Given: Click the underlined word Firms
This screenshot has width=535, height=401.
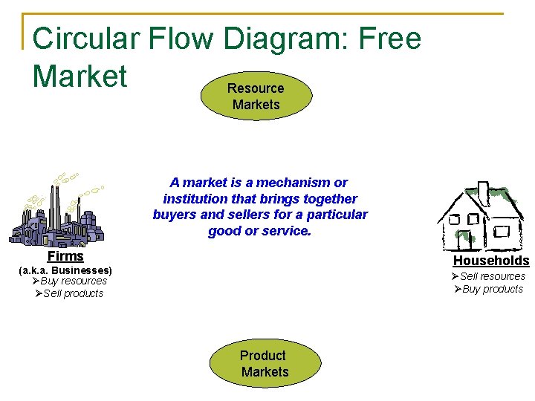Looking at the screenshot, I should [65, 256].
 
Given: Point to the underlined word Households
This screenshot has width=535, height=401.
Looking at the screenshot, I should [491, 261].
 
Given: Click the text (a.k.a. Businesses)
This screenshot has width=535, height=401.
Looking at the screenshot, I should [65, 270].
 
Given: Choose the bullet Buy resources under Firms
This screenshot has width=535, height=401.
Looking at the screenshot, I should [73, 281].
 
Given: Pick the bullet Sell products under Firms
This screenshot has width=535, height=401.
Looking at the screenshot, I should [73, 293].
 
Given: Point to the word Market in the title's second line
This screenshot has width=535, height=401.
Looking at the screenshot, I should [80, 76].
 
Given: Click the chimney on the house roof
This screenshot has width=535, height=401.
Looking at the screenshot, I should [484, 193].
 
